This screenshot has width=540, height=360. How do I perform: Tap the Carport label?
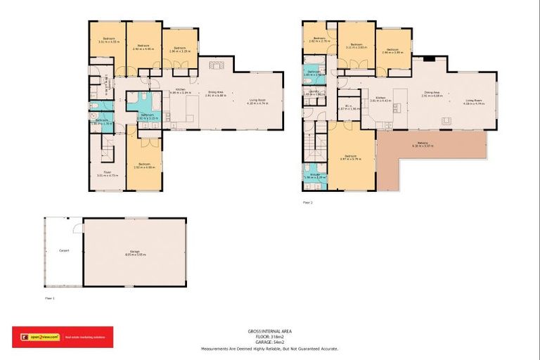point(63,250)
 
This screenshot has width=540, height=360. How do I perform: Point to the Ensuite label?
point(314,175)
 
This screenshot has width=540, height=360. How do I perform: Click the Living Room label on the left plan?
point(258,101)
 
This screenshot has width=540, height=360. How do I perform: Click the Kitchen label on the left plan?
point(181,90)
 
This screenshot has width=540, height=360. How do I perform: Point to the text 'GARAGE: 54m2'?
point(269,342)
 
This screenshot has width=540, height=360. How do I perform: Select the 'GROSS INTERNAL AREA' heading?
point(269,331)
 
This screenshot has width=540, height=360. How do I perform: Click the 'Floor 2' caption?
point(307,202)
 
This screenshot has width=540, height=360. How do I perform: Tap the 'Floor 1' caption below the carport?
point(49,298)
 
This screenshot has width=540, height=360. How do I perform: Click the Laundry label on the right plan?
point(314,91)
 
